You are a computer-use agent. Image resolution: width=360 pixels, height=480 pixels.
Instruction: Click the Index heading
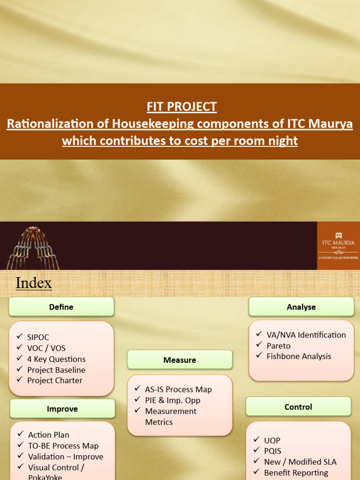click(x=34, y=283)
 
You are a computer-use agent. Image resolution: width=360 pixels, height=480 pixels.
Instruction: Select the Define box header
click(x=61, y=307)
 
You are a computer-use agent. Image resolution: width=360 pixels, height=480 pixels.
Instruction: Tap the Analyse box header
click(x=301, y=307)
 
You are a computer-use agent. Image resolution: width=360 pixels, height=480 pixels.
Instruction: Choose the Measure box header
click(x=180, y=360)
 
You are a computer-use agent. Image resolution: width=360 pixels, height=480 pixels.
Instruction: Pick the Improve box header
click(x=62, y=409)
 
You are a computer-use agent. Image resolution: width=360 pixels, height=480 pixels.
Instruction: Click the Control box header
click(x=298, y=407)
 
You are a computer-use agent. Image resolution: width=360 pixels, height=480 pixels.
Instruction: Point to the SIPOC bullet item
click(x=38, y=337)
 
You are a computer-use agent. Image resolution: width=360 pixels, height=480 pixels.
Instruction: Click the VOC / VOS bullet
click(x=46, y=348)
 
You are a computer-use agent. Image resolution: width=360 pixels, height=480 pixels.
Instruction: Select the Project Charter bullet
click(x=54, y=381)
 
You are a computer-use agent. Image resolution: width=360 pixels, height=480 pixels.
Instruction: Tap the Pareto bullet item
click(x=278, y=346)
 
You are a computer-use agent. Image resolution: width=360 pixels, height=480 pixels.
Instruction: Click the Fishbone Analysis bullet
click(x=299, y=356)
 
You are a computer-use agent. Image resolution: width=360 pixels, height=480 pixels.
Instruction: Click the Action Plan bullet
click(x=48, y=435)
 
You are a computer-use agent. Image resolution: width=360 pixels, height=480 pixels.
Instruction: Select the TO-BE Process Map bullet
click(x=63, y=446)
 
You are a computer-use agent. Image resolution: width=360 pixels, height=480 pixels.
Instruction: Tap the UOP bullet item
click(x=272, y=441)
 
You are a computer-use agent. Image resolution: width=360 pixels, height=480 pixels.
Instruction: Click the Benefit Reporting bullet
click(x=296, y=472)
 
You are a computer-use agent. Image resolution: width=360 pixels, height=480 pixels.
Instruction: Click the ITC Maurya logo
click(x=338, y=245)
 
